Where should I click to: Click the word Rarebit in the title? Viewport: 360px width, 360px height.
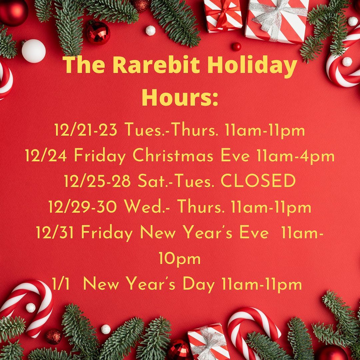pyautogui.click(x=157, y=65)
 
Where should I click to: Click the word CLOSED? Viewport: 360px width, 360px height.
pyautogui.click(x=258, y=180)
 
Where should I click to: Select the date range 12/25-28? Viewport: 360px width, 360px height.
pyautogui.click(x=97, y=181)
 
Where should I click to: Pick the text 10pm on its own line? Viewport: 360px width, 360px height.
pyautogui.click(x=180, y=259)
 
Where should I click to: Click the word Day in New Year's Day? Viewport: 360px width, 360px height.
pyautogui.click(x=199, y=285)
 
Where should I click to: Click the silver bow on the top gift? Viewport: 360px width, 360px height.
pyautogui.click(x=276, y=16)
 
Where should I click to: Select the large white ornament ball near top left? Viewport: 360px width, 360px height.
pyautogui.click(x=34, y=51)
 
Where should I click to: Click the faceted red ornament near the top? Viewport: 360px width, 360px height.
pyautogui.click(x=98, y=33)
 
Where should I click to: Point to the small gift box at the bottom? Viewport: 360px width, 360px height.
pyautogui.click(x=208, y=341)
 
